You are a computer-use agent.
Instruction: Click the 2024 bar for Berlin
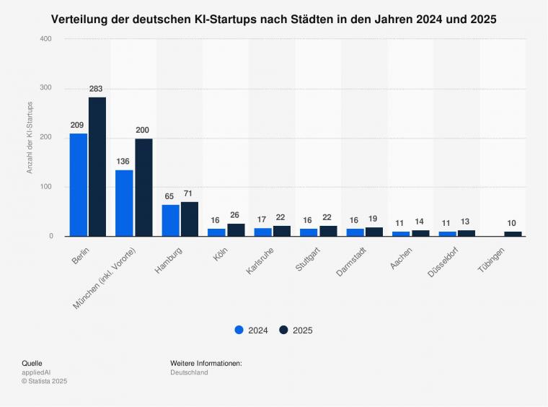click(79, 185)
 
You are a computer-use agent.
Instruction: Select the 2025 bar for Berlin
click(97, 167)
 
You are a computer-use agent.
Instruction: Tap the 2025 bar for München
click(143, 187)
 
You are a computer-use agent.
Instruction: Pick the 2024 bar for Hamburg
click(171, 220)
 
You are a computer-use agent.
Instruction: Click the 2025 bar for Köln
click(236, 230)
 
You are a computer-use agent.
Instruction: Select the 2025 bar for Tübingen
click(513, 234)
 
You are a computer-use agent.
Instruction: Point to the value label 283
click(97, 89)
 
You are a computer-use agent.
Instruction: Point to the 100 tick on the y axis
click(46, 187)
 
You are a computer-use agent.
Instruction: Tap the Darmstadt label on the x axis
click(353, 263)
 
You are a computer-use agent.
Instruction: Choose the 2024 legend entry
click(251, 331)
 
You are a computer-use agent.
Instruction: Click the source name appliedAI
click(36, 372)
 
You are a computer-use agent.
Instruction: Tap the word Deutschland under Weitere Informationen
click(189, 372)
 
